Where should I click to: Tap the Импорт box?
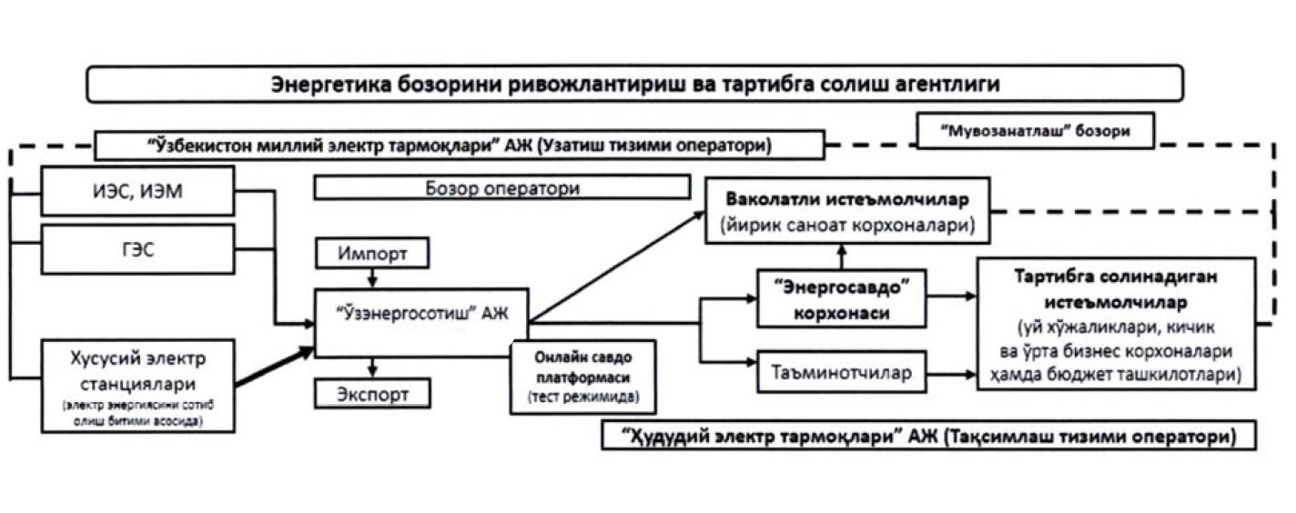coord(372,253)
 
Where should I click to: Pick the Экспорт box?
coord(372,394)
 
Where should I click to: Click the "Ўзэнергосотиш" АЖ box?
coord(421,323)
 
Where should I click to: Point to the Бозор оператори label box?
coord(501,188)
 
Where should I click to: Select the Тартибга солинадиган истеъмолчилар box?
coord(1116,323)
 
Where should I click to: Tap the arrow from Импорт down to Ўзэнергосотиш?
coord(372,277)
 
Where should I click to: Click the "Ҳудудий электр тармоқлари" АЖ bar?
coord(928,436)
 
